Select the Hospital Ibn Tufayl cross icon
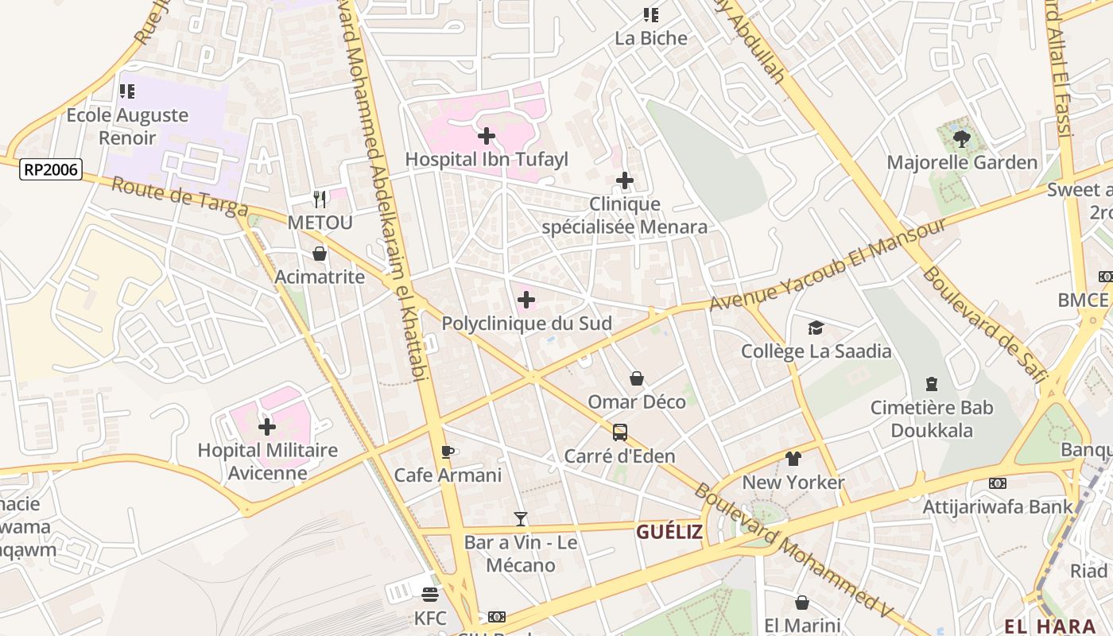487,136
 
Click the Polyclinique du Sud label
526,324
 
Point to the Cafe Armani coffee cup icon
448,452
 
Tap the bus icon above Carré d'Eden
619,432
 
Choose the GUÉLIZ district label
669,532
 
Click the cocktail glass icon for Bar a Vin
521,519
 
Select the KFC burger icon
430,595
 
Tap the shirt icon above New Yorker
793,459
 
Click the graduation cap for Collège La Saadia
816,328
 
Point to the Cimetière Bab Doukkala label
931,419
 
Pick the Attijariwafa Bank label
997,506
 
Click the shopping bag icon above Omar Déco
636,378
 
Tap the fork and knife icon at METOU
320,199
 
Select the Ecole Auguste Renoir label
127,126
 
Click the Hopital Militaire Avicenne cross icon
267,427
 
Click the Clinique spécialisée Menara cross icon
625,180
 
